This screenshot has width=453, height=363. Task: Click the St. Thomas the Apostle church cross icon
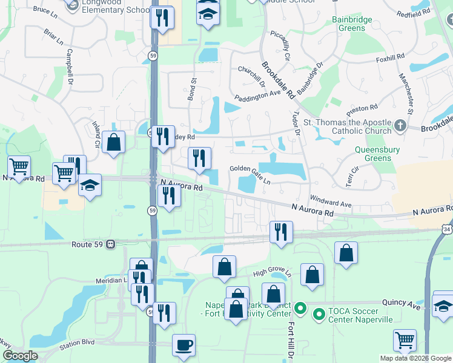(400, 126)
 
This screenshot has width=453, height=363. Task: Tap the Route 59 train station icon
(111, 244)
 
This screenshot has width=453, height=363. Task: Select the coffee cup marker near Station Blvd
(184, 345)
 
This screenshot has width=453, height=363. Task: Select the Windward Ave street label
(330, 201)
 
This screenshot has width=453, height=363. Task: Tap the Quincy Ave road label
(401, 302)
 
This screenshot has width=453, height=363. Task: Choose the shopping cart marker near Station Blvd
(405, 340)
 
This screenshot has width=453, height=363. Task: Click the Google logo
(21, 355)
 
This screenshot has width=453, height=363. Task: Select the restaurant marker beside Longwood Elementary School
(162, 18)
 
